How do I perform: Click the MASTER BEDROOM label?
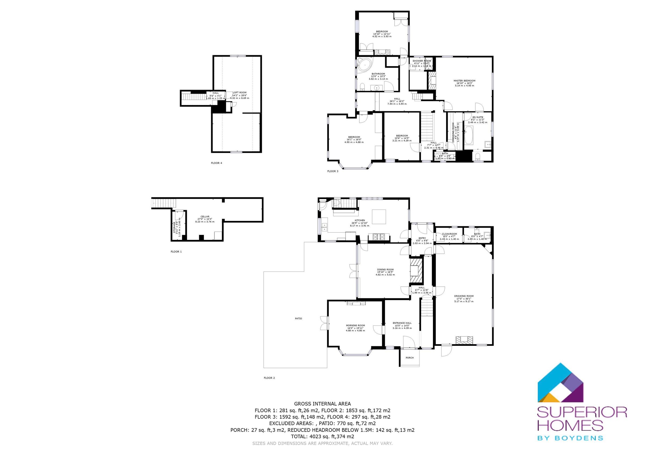click(464, 81)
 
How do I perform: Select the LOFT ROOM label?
click(240, 93)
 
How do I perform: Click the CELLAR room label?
click(205, 217)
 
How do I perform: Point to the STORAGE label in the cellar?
click(174, 227)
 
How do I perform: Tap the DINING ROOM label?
click(385, 270)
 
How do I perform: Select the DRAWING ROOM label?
click(464, 296)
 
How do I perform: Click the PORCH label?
click(410, 358)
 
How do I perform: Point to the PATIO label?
click(298, 318)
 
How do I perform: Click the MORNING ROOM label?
click(355, 325)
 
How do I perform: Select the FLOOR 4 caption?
click(216, 163)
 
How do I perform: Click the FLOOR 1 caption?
click(176, 252)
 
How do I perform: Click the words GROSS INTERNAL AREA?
click(322, 404)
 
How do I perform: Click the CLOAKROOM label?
click(449, 234)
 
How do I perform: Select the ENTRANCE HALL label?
click(402, 323)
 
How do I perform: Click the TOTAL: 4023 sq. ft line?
click(322, 436)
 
